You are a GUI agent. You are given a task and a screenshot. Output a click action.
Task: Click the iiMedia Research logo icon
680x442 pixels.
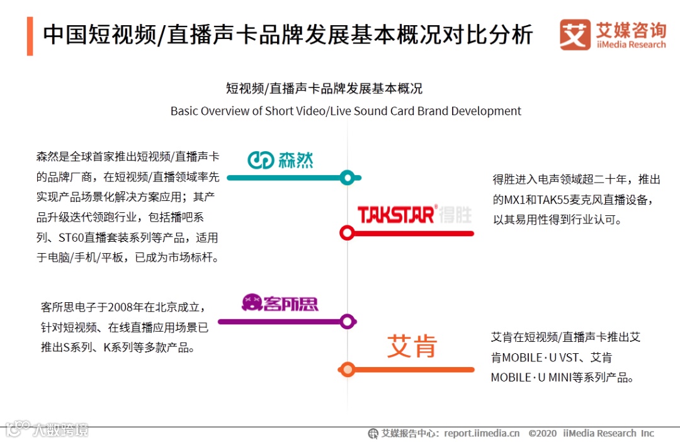coord(575,35)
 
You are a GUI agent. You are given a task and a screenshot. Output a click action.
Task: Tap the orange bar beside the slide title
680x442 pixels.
coord(30,36)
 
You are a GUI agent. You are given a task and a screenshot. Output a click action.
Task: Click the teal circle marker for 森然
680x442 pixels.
coord(346,178)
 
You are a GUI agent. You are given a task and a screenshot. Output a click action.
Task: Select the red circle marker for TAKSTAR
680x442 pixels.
coord(346,233)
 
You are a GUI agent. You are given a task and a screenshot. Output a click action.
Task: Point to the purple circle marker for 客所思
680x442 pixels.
coord(346,322)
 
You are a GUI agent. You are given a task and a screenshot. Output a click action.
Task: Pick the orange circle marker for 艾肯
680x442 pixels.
coord(346,370)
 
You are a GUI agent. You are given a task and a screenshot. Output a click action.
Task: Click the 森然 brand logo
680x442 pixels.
coord(280,160)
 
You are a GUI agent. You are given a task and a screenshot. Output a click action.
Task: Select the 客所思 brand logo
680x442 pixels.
coord(280,303)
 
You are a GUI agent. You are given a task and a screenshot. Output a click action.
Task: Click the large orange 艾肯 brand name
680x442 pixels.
coord(412,346)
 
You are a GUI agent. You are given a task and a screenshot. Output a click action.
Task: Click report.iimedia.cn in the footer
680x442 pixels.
coord(482,433)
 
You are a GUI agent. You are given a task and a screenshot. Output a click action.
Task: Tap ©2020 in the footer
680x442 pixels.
coord(543,433)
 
